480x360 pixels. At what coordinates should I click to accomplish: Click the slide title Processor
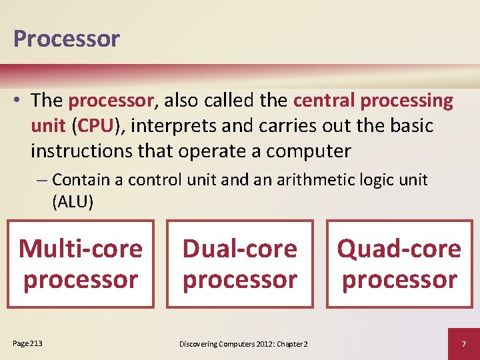(66, 39)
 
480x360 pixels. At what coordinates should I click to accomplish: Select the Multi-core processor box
(81, 264)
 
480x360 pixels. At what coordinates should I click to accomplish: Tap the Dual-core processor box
(240, 264)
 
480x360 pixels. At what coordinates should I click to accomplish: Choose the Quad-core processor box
(399, 264)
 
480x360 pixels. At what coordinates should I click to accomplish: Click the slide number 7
(463, 343)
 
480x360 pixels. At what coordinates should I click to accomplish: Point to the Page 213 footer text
(27, 343)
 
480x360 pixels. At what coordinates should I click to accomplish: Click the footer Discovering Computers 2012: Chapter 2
(243, 344)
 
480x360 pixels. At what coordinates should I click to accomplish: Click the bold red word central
(325, 101)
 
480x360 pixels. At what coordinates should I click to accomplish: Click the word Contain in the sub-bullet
(77, 179)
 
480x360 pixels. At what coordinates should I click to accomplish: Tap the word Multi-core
(81, 249)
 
